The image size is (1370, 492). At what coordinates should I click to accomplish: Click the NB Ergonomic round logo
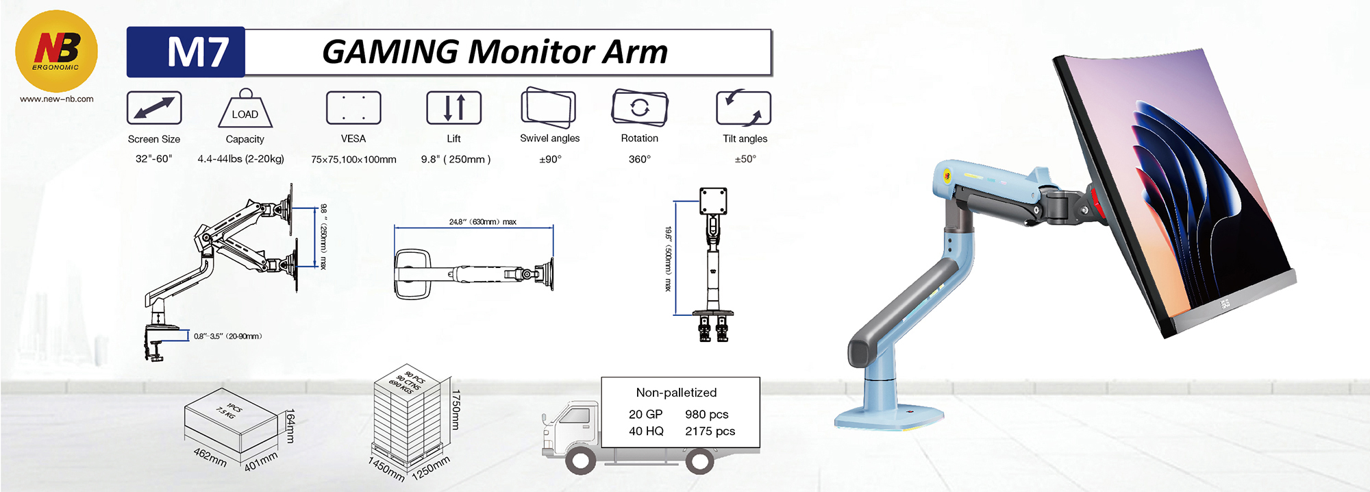pos(56,51)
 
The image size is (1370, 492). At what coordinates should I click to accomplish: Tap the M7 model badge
pos(186,52)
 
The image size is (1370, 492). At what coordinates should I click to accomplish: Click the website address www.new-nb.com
pos(57,99)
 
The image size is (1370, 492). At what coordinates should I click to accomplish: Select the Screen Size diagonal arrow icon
pos(154,108)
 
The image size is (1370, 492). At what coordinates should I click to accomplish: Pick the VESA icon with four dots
pos(353,108)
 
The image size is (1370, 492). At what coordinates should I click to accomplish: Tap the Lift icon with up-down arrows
pos(453,108)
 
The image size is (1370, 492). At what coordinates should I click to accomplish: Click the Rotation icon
pos(639,108)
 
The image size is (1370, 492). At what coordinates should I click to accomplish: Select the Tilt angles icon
pos(744,108)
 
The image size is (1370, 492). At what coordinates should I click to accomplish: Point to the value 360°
pos(640,159)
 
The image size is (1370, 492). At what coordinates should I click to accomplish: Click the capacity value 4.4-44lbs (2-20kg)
pos(240,159)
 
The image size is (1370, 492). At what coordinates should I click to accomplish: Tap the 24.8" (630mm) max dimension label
pos(483,222)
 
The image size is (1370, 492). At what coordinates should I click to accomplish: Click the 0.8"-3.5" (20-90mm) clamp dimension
pos(228,336)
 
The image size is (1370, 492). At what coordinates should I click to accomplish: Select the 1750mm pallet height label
pos(456,409)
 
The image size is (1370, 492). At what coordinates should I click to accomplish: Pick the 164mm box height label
pos(290,426)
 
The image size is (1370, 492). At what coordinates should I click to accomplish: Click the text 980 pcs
pos(707,415)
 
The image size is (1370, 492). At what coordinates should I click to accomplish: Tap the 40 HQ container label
pos(646,431)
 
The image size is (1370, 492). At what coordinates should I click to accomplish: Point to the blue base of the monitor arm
pos(888,415)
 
